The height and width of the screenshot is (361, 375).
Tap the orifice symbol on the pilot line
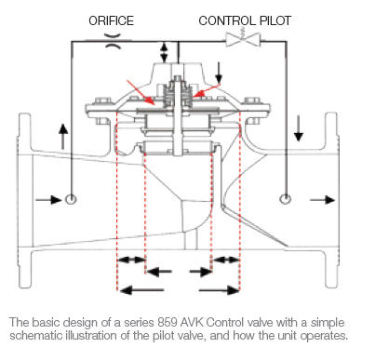click(x=112, y=40)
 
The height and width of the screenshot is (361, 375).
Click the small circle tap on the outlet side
click(x=285, y=199)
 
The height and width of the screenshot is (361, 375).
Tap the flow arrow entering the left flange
click(x=43, y=199)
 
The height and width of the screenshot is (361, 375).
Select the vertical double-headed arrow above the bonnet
click(x=166, y=52)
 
